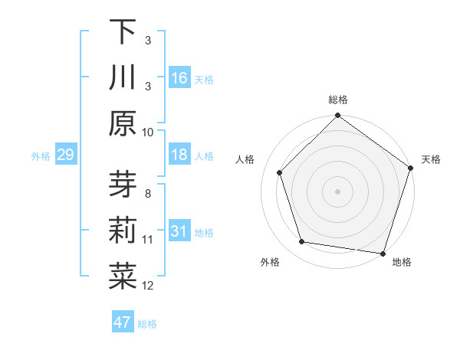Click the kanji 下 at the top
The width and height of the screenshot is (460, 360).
coord(123,32)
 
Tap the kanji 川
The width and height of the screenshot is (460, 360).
coord(123,78)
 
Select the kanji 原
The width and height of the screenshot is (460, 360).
coord(123,124)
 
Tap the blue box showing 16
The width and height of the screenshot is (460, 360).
coord(179,78)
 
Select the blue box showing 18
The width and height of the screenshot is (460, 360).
coord(179,155)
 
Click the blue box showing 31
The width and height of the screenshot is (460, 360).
coord(179,232)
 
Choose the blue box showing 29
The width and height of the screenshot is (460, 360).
coord(65,155)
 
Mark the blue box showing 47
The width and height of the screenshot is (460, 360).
coord(123,322)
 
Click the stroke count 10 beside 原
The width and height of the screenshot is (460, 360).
coord(148,132)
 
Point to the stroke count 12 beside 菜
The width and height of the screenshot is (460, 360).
coord(148,286)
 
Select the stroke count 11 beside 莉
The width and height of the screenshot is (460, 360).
coord(148,240)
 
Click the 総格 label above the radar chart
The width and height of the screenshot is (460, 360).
coord(337,100)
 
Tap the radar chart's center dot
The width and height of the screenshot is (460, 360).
coord(337,191)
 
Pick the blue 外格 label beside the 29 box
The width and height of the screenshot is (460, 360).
coord(41,156)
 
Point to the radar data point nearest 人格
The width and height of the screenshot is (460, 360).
coord(280,172)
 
